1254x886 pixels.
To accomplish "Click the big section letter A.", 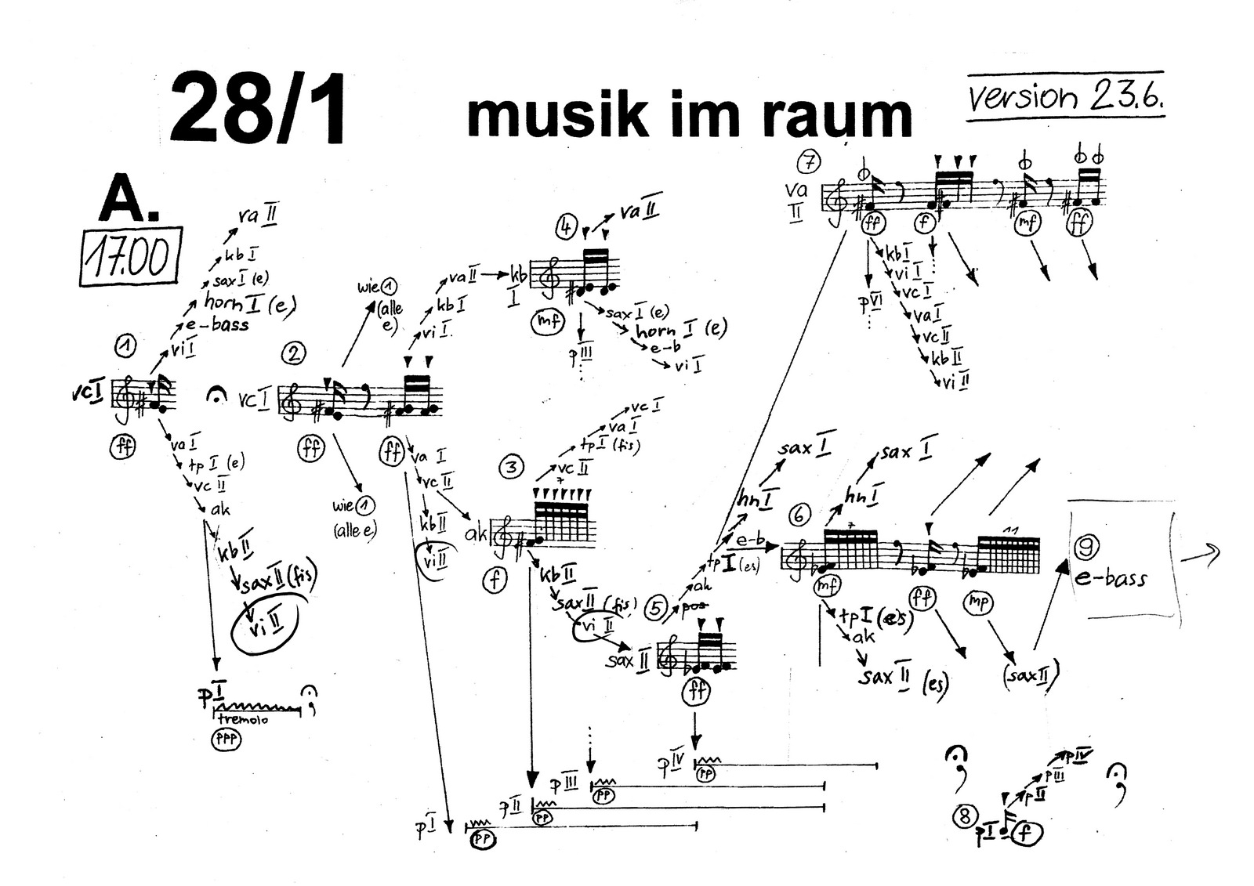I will pyautogui.click(x=127, y=200).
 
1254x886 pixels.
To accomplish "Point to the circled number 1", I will pyautogui.click(x=125, y=345).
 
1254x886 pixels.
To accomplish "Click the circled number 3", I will pyautogui.click(x=511, y=468).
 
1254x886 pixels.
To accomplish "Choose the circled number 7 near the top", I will pyautogui.click(x=808, y=163).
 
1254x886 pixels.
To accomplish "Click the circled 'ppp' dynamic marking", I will pyautogui.click(x=226, y=739).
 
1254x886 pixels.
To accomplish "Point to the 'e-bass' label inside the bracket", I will pyautogui.click(x=1111, y=578).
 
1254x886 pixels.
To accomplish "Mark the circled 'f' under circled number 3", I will pyautogui.click(x=495, y=580).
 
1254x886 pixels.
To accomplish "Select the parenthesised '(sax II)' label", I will pyautogui.click(x=1030, y=673).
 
